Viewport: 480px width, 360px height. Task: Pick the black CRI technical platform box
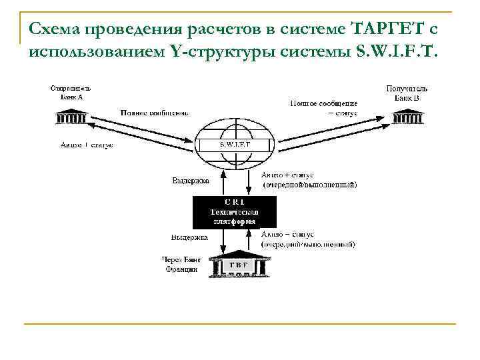[225, 211]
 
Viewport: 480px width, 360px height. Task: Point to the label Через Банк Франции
[180, 264]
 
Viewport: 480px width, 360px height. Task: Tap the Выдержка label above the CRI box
[190, 181]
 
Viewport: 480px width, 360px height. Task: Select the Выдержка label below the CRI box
[189, 237]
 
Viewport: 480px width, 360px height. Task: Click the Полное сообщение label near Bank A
[154, 112]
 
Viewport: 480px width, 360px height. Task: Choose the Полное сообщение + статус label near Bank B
[323, 108]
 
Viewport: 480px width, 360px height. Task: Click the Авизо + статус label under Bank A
[87, 145]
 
